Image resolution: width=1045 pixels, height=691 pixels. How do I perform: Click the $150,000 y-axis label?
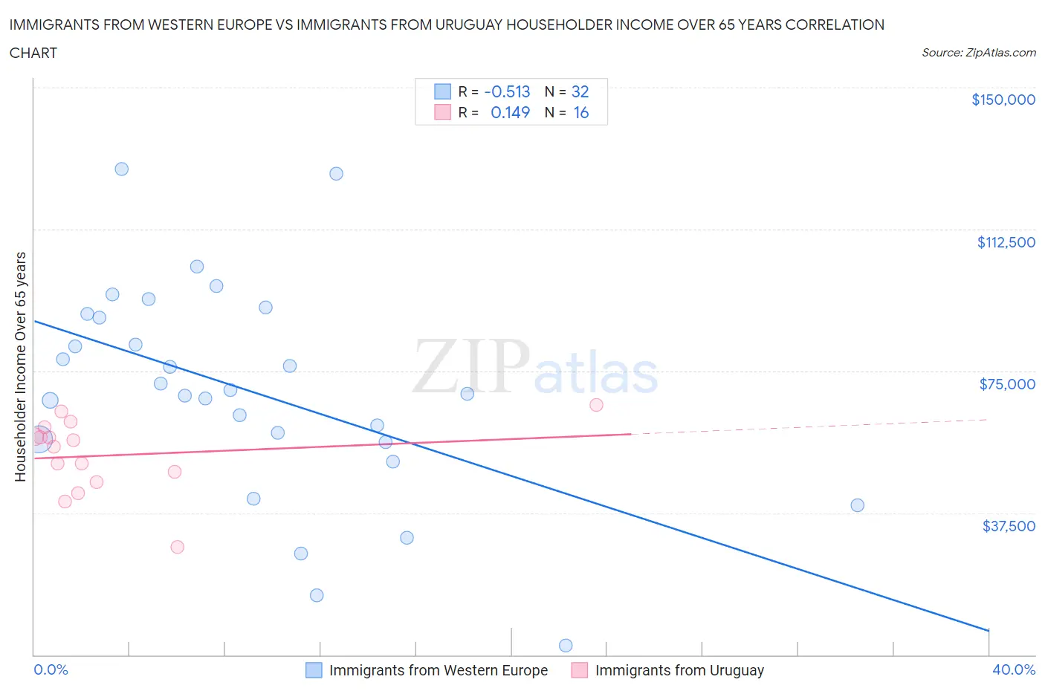1003,100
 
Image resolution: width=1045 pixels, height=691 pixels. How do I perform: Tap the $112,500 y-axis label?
1006,242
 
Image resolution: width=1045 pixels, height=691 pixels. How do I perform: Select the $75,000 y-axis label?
1007,384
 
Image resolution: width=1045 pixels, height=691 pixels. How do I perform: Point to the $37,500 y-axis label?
1008,526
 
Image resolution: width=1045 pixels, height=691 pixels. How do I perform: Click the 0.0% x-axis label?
51,669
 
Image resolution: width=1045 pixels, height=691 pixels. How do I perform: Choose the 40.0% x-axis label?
1014,669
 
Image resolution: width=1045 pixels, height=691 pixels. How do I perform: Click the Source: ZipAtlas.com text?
978,53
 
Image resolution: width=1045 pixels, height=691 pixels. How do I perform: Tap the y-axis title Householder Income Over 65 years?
21,366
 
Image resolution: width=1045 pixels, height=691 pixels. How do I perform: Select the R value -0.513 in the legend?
507,91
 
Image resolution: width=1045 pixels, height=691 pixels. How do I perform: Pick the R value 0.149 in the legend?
510,112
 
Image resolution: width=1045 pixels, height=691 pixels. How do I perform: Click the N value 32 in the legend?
580,91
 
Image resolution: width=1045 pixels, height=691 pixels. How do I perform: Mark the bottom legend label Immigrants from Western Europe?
438,670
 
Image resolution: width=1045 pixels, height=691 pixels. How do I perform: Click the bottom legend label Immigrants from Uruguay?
679,670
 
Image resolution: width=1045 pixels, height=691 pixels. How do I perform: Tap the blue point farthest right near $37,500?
857,505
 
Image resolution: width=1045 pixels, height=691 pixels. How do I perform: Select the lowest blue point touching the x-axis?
566,646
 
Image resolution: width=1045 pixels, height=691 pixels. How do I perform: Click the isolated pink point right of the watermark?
596,405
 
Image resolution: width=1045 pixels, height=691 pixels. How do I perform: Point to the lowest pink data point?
177,547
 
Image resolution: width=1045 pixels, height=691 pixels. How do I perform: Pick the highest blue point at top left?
122,169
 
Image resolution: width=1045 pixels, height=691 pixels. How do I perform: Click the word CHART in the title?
33,53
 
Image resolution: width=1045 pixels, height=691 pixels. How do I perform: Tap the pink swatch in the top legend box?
442,112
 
